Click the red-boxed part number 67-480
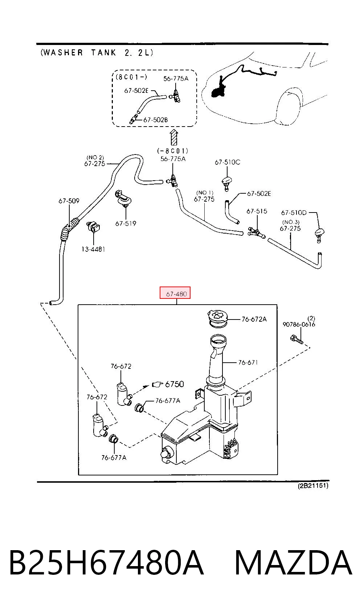pos(176,294)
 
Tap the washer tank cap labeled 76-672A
pos(218,318)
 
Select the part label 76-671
pos(248,362)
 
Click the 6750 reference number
pos(175,384)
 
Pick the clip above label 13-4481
pos(94,227)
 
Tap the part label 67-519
pos(126,223)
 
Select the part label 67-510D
pos(294,213)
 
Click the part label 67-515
pos(257,211)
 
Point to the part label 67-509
pos(69,201)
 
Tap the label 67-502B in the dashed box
pos(155,120)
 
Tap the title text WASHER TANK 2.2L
pos(97,53)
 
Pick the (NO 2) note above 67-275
pos(95,157)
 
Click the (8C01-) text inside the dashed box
pos(131,77)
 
